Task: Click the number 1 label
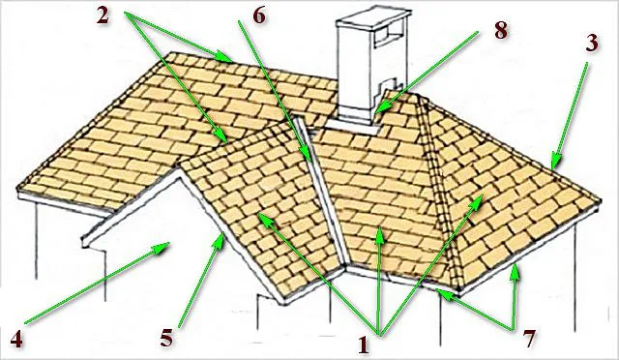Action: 364,345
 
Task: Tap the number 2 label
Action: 103,16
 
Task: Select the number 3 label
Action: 591,43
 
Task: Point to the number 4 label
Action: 16,339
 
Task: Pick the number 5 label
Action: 166,339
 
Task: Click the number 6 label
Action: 259,16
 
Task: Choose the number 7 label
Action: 529,339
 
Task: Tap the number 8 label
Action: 501,30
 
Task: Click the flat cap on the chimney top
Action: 373,17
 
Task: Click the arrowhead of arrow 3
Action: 555,163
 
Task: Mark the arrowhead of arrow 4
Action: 162,248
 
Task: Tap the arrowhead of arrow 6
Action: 308,156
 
